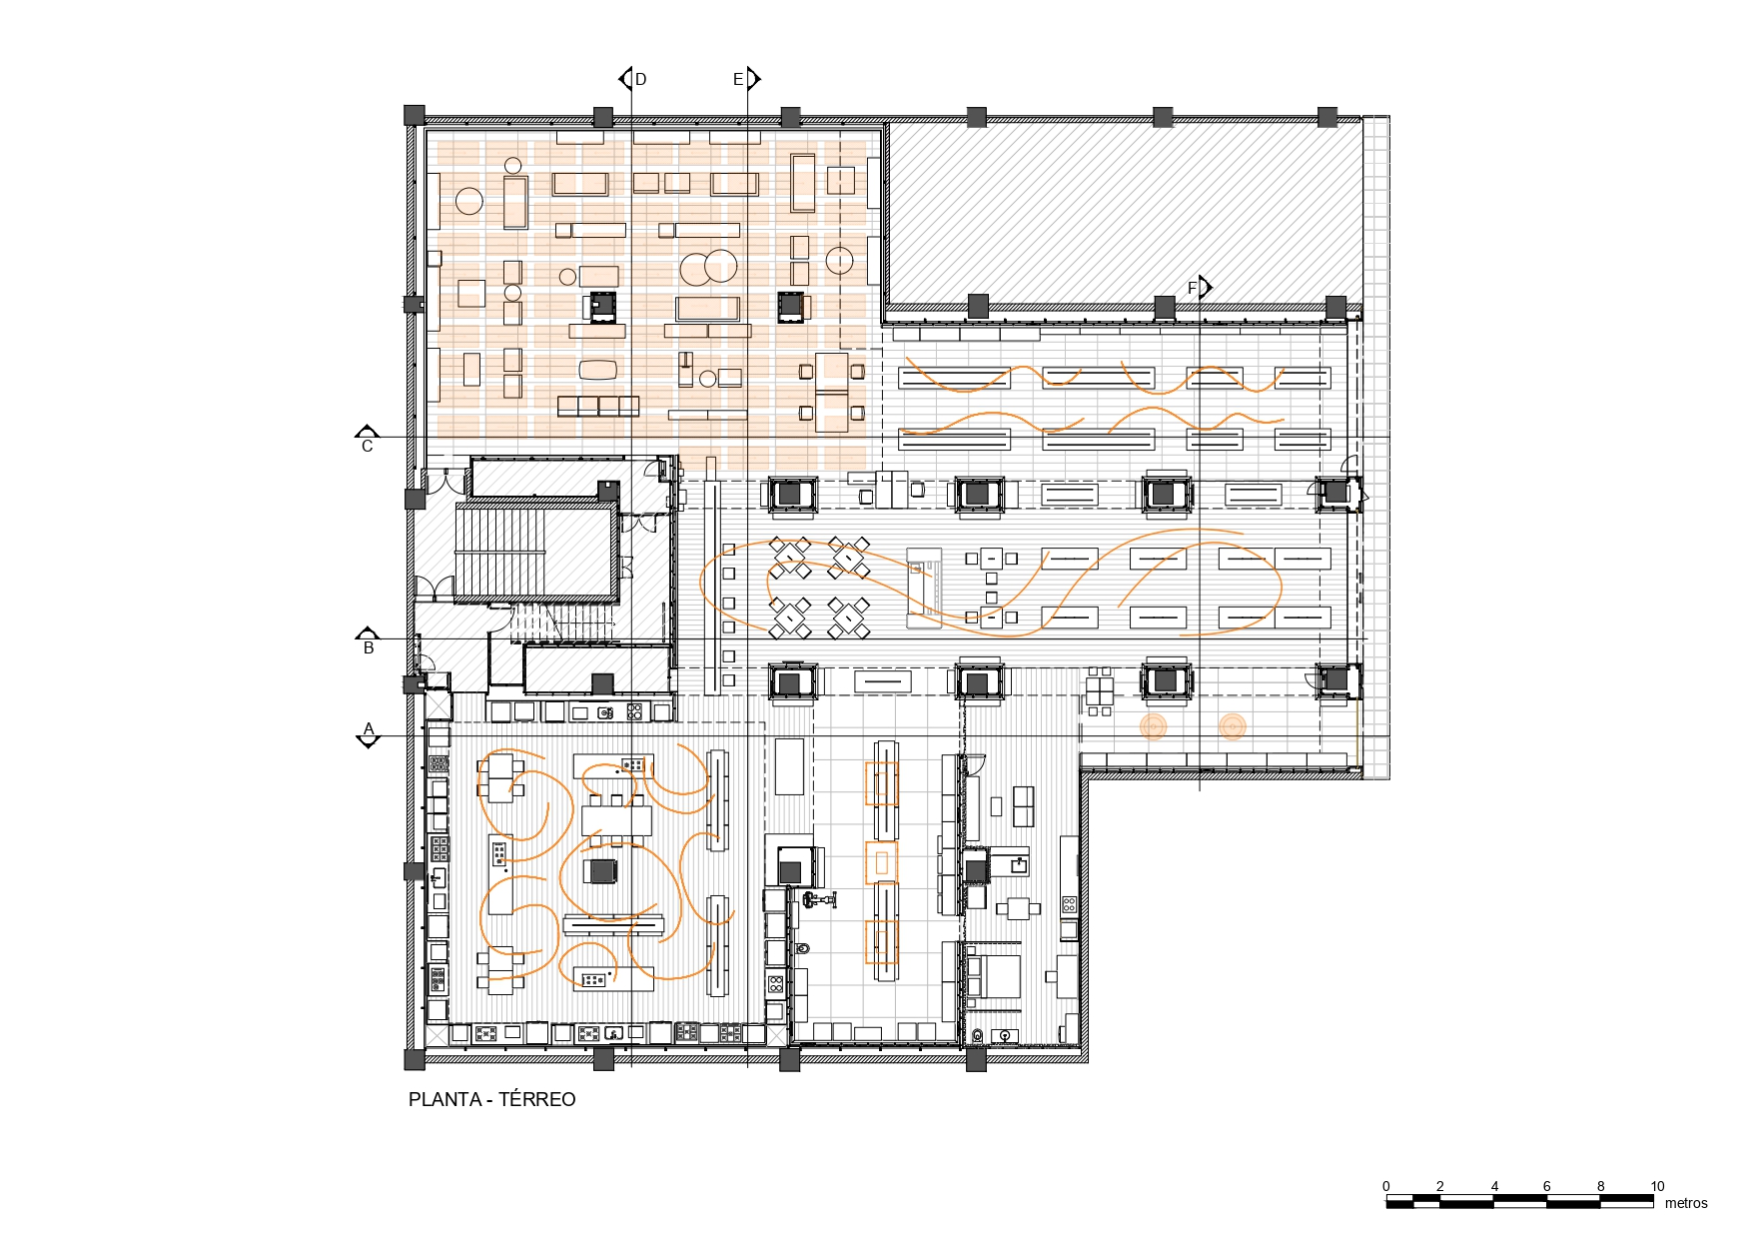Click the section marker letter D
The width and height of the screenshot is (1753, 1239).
(x=641, y=79)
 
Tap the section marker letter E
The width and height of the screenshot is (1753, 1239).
(x=738, y=79)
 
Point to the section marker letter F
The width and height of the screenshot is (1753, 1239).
(x=1192, y=288)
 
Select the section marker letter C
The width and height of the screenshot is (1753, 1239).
(x=367, y=447)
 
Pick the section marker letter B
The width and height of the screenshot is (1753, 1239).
(x=369, y=648)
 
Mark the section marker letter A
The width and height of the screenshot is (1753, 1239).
(x=369, y=728)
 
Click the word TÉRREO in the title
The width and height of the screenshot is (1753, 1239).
(x=537, y=1099)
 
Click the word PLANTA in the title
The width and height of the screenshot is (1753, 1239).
(x=445, y=1099)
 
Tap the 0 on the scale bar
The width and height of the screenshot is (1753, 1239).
(x=1386, y=1186)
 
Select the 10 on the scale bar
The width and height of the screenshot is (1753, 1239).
(x=1657, y=1186)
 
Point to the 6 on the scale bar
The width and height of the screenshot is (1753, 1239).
(x=1547, y=1186)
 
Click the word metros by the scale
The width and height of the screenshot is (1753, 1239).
(x=1686, y=1203)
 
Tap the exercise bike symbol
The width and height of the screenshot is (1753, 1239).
(x=818, y=900)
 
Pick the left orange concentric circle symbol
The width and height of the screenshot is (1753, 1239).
(x=1154, y=726)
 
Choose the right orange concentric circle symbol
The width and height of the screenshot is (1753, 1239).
(x=1233, y=726)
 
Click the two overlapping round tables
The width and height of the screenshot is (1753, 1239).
(x=708, y=267)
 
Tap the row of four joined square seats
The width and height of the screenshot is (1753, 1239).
(x=598, y=406)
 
